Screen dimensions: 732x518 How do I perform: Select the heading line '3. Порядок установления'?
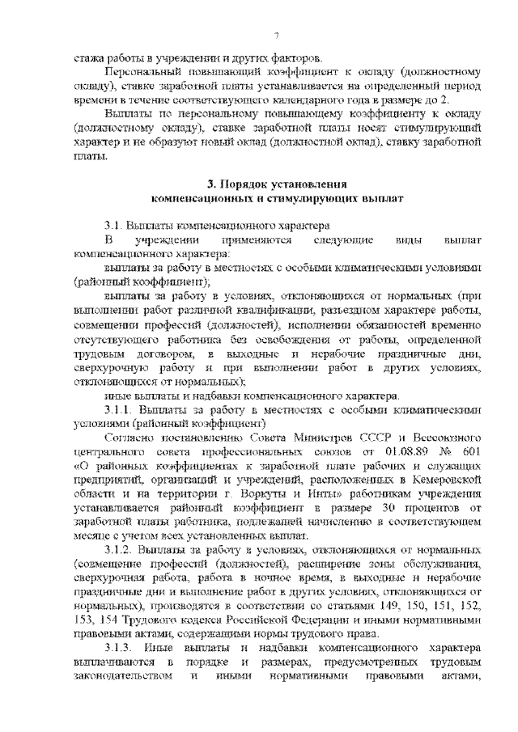(277, 184)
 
